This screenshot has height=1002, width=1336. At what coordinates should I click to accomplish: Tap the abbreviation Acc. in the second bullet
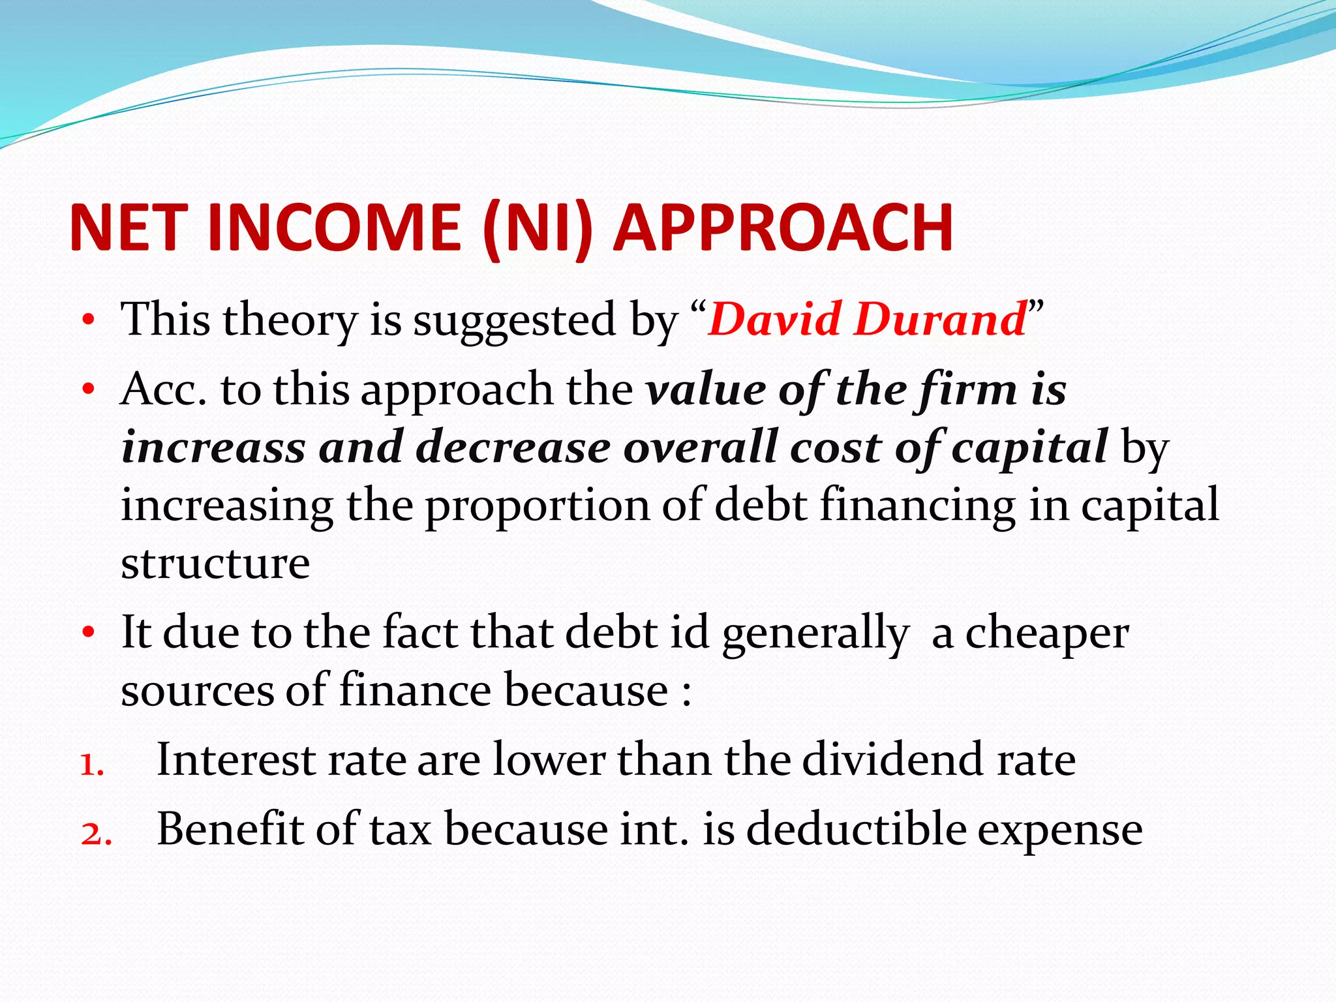(163, 389)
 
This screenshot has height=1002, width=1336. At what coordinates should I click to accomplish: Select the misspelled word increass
(213, 448)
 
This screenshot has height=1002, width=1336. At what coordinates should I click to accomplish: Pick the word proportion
(538, 506)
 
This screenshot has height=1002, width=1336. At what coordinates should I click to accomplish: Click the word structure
(215, 562)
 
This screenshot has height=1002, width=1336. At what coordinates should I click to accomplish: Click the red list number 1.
(91, 765)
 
